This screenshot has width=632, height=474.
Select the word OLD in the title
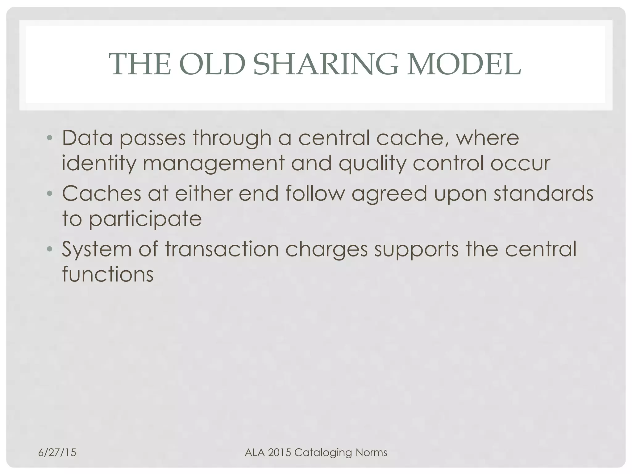pos(212,64)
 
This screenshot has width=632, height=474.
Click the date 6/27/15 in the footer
pos(57,452)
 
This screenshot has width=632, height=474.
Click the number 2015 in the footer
pos(280,452)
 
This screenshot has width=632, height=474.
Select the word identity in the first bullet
pos(99,164)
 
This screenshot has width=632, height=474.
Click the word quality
pos(372,164)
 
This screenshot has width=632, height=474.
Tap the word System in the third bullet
pos(97,249)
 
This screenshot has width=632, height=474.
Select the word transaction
pos(222,249)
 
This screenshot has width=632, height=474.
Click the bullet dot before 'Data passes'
pos(49,138)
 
